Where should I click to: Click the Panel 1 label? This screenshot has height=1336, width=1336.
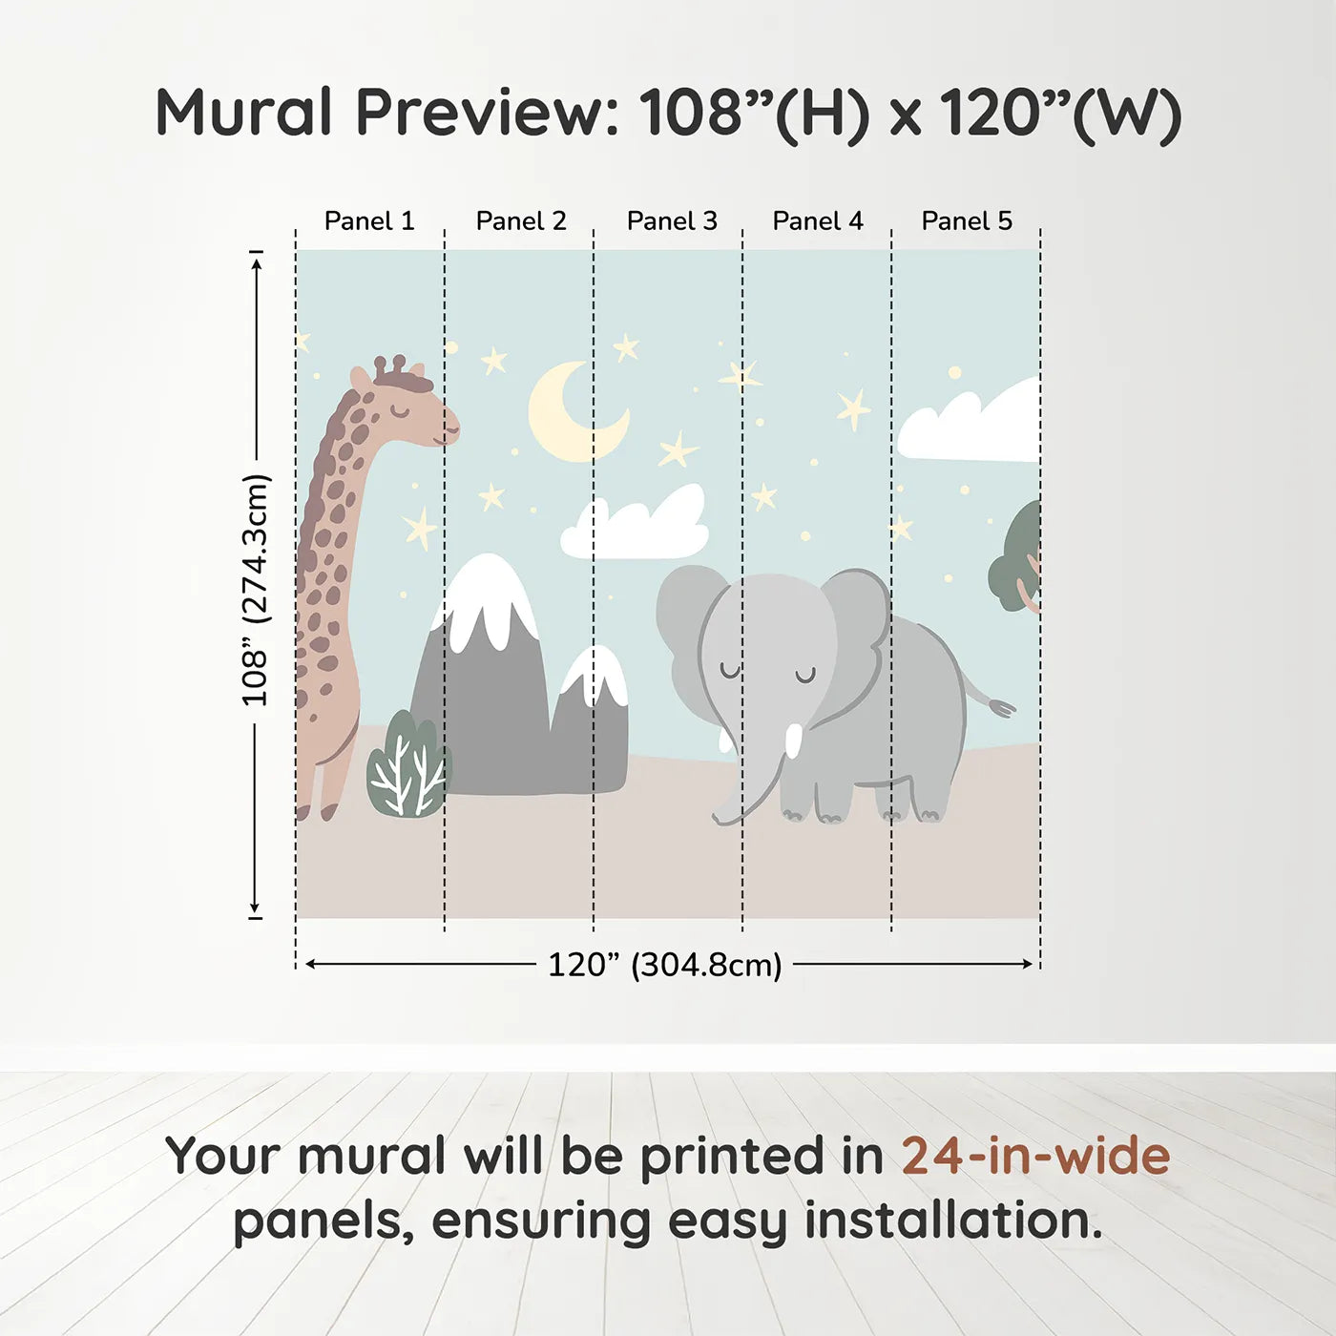(x=369, y=220)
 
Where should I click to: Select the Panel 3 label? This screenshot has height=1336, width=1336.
(x=672, y=220)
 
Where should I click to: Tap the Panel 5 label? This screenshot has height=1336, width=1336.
(x=967, y=220)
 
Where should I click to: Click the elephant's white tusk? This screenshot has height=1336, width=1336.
(x=793, y=741)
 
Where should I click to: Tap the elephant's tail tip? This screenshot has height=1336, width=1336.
(x=1001, y=708)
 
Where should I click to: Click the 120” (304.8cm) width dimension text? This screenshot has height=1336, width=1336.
(x=664, y=965)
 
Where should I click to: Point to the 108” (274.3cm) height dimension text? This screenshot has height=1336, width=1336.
(x=256, y=590)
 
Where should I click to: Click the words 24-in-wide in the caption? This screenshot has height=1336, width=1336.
(x=1035, y=1156)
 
